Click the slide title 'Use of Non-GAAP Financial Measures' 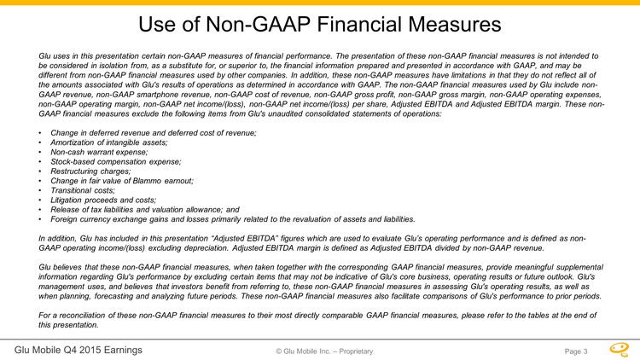tap(320, 24)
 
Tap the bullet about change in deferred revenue tap(154, 133)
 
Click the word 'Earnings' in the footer tap(120, 350)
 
